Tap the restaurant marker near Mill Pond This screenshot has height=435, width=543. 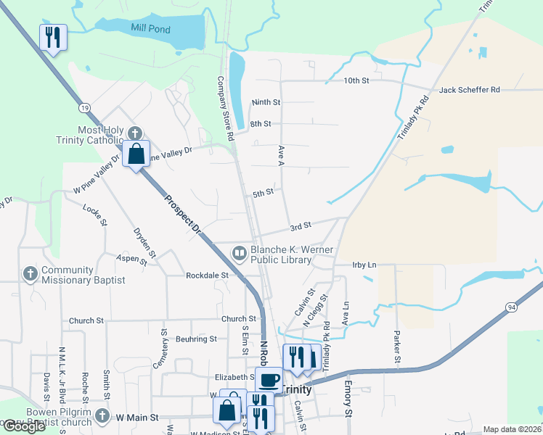(x=53, y=37)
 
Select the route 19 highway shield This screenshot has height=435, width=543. (x=86, y=107)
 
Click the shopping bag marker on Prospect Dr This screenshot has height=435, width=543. (x=136, y=154)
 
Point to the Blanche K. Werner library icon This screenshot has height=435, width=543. (x=239, y=253)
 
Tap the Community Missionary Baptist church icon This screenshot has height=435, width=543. (x=30, y=273)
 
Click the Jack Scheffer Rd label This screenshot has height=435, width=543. (x=469, y=90)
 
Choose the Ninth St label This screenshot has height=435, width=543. (x=266, y=103)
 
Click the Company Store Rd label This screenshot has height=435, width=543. (x=226, y=109)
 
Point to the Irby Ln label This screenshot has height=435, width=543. (x=364, y=265)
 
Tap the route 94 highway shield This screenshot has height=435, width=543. (x=513, y=307)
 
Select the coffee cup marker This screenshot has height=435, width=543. (x=269, y=379)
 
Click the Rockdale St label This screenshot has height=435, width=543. (x=208, y=275)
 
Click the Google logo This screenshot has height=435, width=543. (x=25, y=426)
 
